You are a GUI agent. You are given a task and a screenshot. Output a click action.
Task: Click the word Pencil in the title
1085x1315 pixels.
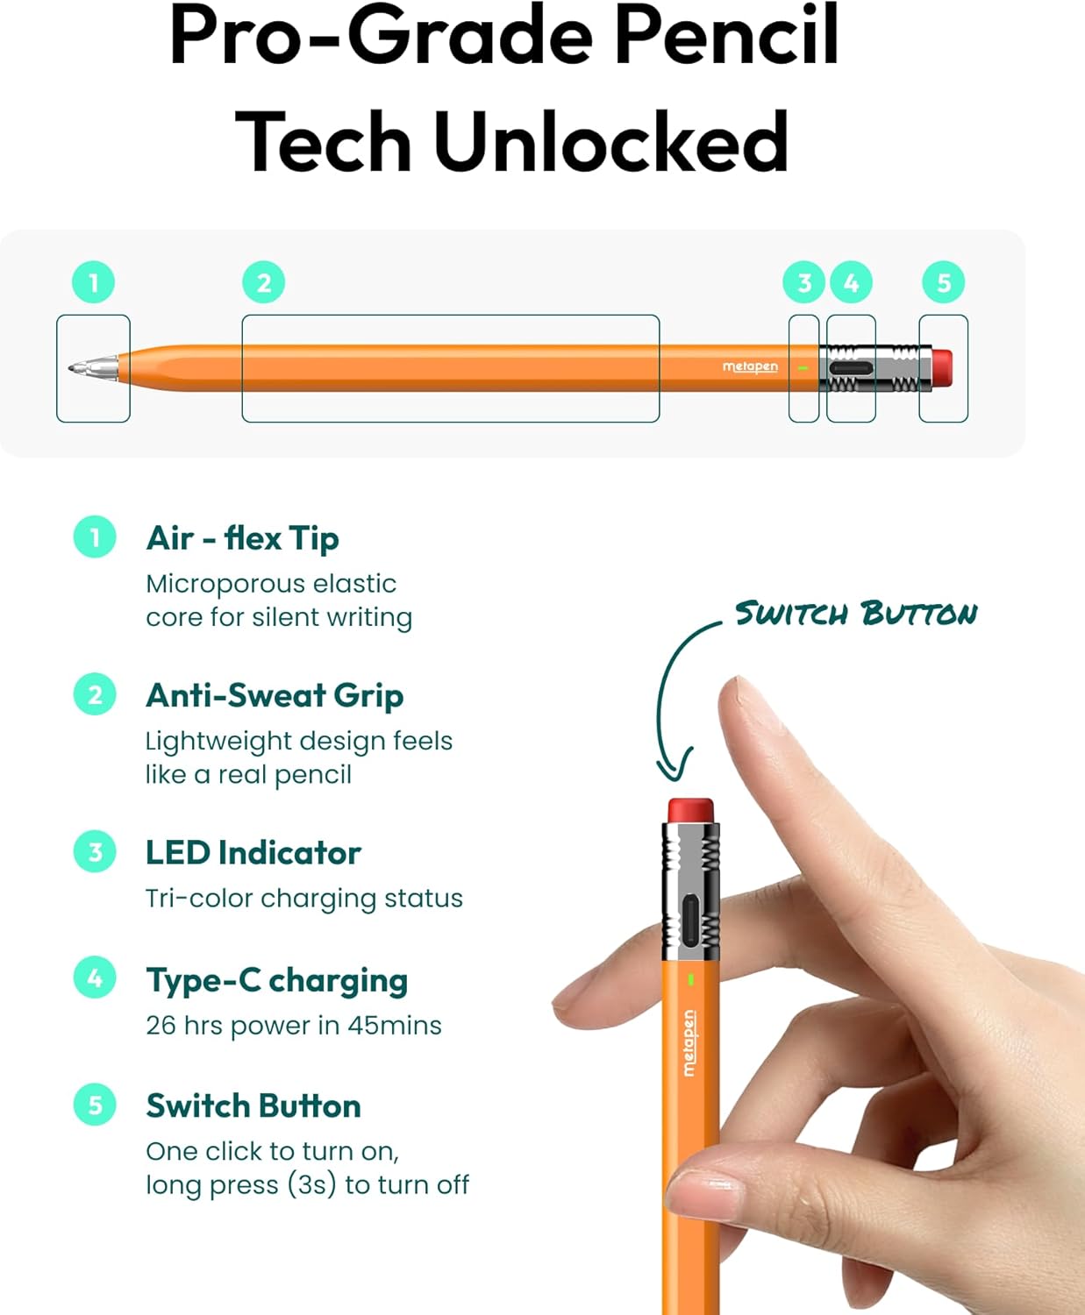coord(726,37)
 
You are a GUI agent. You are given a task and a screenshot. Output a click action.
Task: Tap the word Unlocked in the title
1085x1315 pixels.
coord(610,142)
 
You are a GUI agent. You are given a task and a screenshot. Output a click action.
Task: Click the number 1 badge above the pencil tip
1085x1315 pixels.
coord(94,282)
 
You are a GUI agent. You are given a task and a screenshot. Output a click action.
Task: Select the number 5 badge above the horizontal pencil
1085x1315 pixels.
coord(944,282)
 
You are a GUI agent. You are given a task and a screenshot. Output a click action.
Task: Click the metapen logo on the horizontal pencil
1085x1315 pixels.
coord(750,366)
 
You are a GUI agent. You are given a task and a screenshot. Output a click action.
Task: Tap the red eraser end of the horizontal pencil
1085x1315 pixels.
coord(941,367)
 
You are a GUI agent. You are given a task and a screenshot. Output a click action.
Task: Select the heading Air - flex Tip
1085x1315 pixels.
coord(242,538)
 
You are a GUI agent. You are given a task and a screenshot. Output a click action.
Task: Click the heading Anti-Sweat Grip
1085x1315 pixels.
coord(275,695)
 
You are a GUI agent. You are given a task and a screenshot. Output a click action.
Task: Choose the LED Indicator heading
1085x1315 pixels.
coord(253,853)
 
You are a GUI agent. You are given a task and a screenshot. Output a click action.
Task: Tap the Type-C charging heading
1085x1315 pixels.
coord(276,980)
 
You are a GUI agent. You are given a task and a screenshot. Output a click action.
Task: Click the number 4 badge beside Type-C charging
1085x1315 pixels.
coord(95,977)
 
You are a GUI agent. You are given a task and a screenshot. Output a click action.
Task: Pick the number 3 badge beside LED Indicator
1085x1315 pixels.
coord(95,852)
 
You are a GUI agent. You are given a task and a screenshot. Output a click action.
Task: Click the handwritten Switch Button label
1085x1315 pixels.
coord(855,613)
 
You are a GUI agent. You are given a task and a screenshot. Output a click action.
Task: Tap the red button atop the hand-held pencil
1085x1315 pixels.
coord(690,809)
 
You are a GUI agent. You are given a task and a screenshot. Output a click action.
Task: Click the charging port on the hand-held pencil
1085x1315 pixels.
coord(691,920)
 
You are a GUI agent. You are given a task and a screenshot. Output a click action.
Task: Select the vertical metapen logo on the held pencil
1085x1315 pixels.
coord(689,1042)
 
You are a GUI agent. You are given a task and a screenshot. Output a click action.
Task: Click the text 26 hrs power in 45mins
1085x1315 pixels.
coord(294,1025)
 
